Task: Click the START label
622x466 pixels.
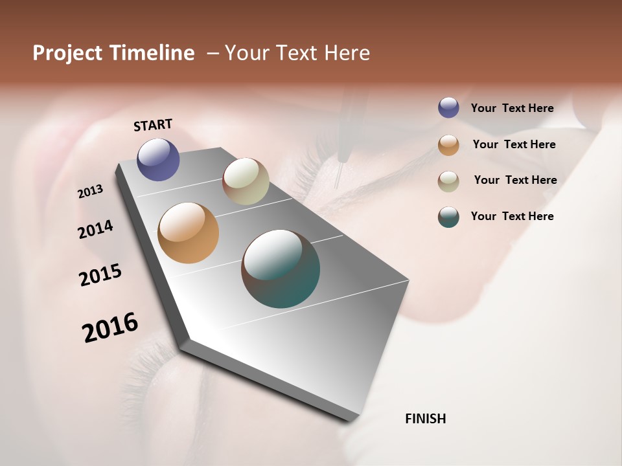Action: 153,125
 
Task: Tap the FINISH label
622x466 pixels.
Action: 426,419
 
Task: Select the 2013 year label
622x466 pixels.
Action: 91,192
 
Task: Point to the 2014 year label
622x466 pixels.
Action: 95,230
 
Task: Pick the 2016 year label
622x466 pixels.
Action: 110,327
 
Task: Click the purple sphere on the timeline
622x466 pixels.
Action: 158,159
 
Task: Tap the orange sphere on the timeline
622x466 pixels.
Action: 188,233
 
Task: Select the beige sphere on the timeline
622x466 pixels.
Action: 246,181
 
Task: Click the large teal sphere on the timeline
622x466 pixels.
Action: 281,269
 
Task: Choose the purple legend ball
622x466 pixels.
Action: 448,108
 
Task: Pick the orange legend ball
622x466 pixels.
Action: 448,145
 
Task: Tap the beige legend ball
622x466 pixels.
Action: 448,181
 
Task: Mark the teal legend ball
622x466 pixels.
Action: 448,217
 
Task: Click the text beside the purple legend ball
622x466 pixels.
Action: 512,108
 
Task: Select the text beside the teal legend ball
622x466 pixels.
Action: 512,216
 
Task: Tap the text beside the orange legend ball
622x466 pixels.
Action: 514,144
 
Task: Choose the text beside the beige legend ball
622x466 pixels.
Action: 515,180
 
